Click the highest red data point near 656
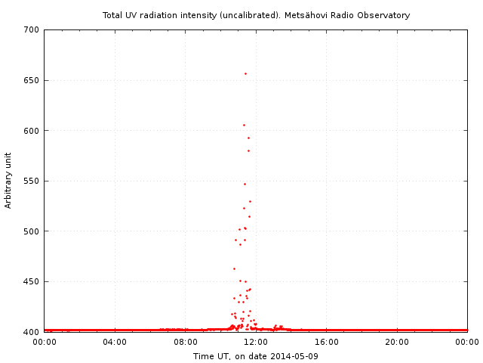(245, 73)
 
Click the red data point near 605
(244, 125)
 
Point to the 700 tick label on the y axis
(31, 30)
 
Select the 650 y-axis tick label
(31, 80)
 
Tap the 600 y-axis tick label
(31, 131)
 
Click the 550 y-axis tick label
(31, 181)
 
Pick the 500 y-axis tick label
(31, 231)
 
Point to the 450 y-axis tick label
(31, 281)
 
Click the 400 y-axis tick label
(31, 332)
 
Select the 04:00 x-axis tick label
(115, 342)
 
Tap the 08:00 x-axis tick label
(186, 342)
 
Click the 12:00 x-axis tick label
(256, 342)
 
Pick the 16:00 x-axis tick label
(327, 342)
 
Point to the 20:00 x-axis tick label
(397, 342)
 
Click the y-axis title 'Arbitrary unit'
(8, 180)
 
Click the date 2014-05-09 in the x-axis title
(294, 356)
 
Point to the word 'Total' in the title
(113, 15)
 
